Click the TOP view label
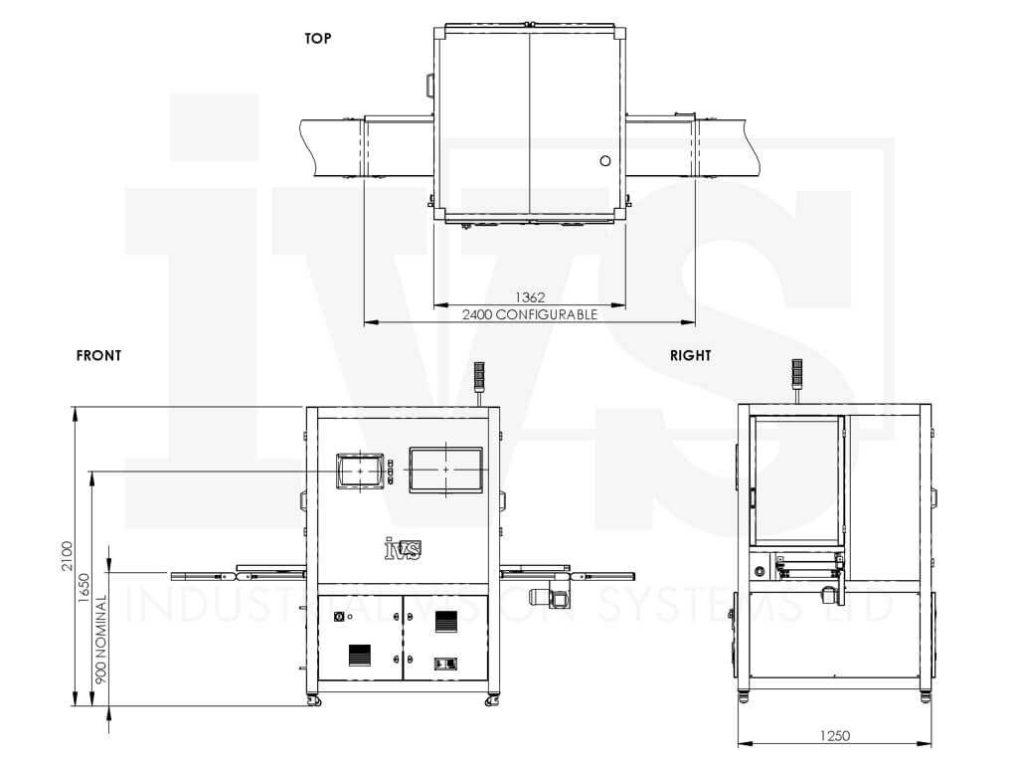tap(318, 39)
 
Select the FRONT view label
tap(98, 355)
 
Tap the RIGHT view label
tap(691, 355)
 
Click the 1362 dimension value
tap(530, 296)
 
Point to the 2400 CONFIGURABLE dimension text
tap(530, 314)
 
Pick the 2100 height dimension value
tap(68, 556)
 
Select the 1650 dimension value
tap(85, 588)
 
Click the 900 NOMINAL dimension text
tap(100, 640)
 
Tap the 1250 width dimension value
tap(834, 735)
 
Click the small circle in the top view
tap(605, 160)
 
